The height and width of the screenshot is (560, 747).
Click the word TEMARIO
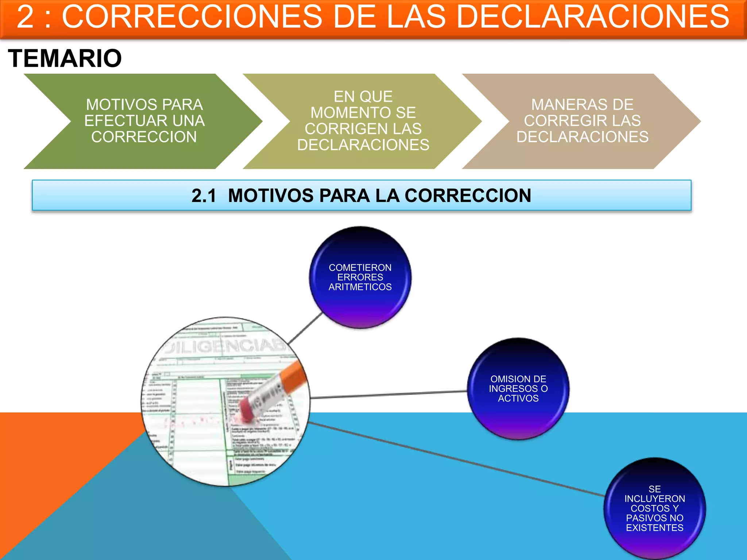pyautogui.click(x=65, y=58)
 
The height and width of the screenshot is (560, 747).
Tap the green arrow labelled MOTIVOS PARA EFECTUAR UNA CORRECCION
pyautogui.click(x=144, y=121)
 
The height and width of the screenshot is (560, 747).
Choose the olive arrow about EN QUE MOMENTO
pyautogui.click(x=363, y=121)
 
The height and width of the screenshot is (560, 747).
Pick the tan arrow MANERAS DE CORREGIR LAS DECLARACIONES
pyautogui.click(x=582, y=121)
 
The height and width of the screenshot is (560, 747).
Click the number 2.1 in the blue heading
pyautogui.click(x=204, y=196)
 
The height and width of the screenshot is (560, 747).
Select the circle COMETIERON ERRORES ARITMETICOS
pyautogui.click(x=360, y=277)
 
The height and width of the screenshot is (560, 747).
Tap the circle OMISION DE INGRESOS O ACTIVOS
pyautogui.click(x=518, y=389)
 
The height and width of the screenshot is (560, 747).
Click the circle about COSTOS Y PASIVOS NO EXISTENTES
pyautogui.click(x=654, y=508)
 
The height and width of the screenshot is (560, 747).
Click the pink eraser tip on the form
pyautogui.click(x=247, y=410)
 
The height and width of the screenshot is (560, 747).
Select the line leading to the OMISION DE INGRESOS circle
pyautogui.click(x=388, y=394)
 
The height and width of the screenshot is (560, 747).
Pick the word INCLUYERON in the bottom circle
pyautogui.click(x=654, y=499)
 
